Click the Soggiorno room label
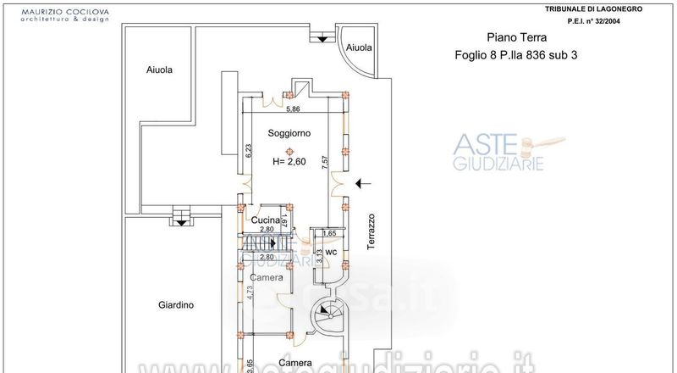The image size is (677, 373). point(289,134)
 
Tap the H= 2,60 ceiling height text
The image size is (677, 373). point(289,162)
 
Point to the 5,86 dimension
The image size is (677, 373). point(293,109)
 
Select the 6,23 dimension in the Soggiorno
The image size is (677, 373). point(250,150)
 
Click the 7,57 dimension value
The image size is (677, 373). point(326,161)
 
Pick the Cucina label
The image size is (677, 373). point(266,220)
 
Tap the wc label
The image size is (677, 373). point(332,252)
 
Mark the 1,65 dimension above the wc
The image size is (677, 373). point(331,232)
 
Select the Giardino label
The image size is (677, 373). point(177,305)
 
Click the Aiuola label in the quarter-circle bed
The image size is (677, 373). point(359,48)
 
